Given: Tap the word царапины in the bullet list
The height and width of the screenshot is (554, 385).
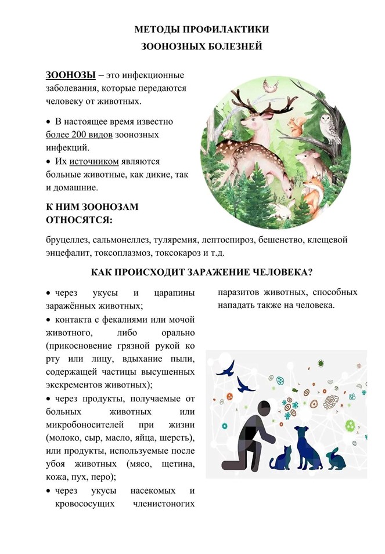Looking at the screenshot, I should pyautogui.click(x=172, y=292).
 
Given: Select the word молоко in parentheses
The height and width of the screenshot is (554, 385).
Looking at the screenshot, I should pyautogui.click(x=69, y=437).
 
